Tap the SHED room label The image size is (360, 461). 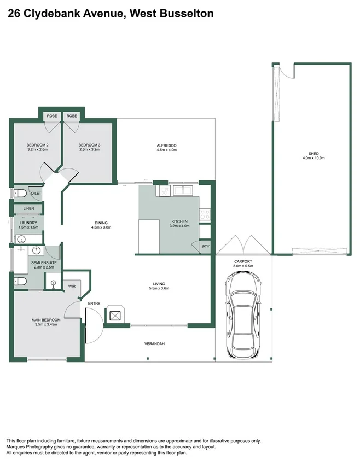(x=313, y=154)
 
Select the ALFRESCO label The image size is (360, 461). (x=166, y=145)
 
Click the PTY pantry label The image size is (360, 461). (x=205, y=247)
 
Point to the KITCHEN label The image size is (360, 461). (x=179, y=221)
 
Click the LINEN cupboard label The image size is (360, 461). (x=28, y=209)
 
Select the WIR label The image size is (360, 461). (x=72, y=286)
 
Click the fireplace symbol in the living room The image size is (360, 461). (x=115, y=314)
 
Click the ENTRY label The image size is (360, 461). (x=94, y=304)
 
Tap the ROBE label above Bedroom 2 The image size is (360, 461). (x=52, y=116)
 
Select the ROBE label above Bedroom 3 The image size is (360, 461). (x=72, y=116)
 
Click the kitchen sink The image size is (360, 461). (x=183, y=190)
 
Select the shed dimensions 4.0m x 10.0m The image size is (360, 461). (x=313, y=159)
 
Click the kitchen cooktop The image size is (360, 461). (x=205, y=215)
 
